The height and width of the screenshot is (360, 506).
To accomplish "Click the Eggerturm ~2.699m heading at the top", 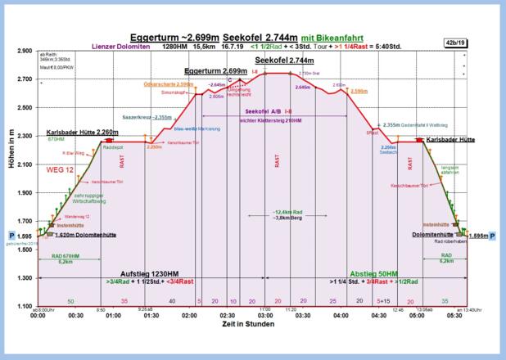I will (x=175, y=38).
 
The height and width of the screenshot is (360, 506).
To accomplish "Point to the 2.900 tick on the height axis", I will (x=24, y=51).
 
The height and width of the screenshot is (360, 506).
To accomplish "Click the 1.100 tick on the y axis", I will (x=24, y=306).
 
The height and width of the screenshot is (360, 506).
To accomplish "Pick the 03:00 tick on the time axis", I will (x=265, y=316).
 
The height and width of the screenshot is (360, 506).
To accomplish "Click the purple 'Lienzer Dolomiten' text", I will (x=120, y=47).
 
